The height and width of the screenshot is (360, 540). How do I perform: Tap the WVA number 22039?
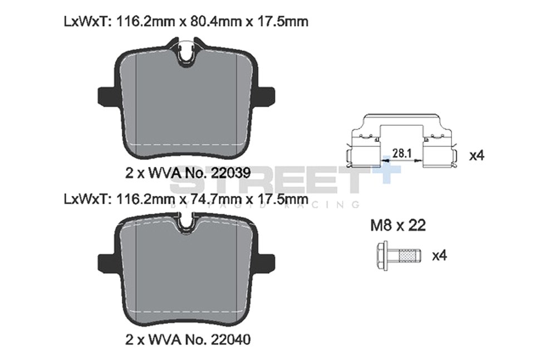[x=227, y=173]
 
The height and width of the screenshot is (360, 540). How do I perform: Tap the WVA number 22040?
[x=227, y=338]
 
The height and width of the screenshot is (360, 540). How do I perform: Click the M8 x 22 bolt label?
[x=398, y=225]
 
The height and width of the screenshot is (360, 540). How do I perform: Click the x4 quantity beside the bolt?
[x=440, y=255]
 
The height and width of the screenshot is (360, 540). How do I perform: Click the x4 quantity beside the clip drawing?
[x=477, y=155]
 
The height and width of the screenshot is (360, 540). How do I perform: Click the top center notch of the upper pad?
[x=186, y=53]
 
